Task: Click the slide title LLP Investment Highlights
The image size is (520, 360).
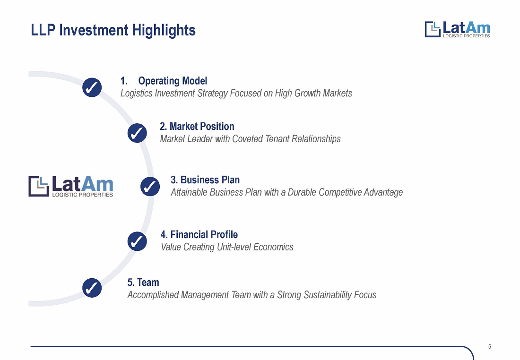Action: point(113,30)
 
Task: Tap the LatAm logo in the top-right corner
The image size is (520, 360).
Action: point(457,29)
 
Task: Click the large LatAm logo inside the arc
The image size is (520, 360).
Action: point(70,186)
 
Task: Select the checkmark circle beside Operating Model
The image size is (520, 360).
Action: point(92,87)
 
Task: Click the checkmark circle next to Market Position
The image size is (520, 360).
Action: point(137,133)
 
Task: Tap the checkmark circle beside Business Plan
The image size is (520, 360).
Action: point(150,187)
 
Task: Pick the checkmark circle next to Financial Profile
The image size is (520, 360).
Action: point(137,241)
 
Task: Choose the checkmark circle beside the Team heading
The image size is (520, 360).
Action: point(92,288)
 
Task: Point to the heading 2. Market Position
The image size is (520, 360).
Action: point(197,126)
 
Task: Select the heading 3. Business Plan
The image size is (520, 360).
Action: point(205,180)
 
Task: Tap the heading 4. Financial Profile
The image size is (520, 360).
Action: point(199,234)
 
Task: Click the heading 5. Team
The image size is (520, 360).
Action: point(143,283)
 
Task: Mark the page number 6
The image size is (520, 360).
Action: point(489,347)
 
